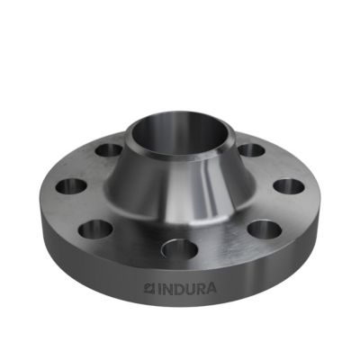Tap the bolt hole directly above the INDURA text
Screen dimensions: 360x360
coord(180,249)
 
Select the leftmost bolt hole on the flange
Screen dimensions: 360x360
coord(71,186)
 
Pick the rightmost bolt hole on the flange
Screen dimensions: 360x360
coord(289,186)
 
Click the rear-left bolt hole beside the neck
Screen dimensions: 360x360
coord(109,150)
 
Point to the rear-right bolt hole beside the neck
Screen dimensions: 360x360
coord(251,150)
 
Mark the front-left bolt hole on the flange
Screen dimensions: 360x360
coord(95,229)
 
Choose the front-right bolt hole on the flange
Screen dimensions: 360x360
coord(265,229)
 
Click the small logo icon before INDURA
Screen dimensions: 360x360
coord(149,289)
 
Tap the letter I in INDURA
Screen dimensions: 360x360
coord(157,289)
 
